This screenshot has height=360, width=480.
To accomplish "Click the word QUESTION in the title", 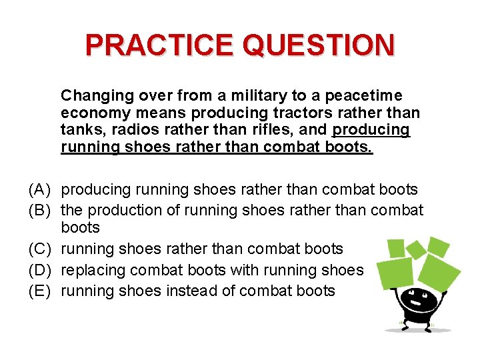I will [x=318, y=45].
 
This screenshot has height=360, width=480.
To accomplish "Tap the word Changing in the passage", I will [x=92, y=95].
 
